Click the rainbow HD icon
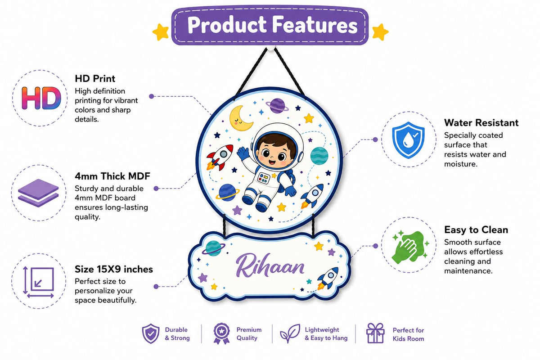(x=41, y=98)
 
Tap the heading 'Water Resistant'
(x=481, y=123)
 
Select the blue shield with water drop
(x=409, y=140)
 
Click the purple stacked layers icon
(x=38, y=193)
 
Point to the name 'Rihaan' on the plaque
(x=270, y=265)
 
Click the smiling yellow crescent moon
(x=241, y=118)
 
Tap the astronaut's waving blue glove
(x=243, y=153)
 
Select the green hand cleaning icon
(x=409, y=247)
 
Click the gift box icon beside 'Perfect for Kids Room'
(x=375, y=333)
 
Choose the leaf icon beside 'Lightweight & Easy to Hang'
(x=290, y=333)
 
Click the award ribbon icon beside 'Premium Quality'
(x=221, y=333)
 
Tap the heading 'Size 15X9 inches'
(x=114, y=269)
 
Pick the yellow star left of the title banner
(x=161, y=32)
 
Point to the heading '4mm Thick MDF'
(x=112, y=176)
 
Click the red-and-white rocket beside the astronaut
(x=220, y=157)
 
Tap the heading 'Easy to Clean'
(x=476, y=230)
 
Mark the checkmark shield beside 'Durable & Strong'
(x=151, y=333)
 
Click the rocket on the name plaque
(x=328, y=278)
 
